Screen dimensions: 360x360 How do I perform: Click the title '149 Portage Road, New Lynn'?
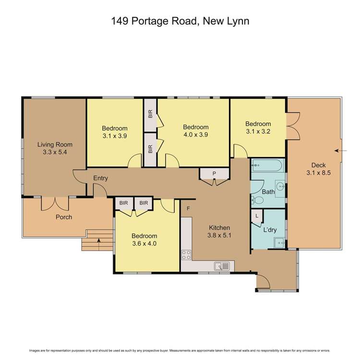[x=180, y=21]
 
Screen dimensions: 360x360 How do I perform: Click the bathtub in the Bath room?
[x=268, y=166]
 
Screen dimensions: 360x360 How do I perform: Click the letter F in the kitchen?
[x=188, y=208]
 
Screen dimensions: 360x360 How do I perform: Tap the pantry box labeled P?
[x=214, y=174]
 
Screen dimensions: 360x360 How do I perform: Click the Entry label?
[x=100, y=178]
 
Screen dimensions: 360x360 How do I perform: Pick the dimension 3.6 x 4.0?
[x=144, y=244]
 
